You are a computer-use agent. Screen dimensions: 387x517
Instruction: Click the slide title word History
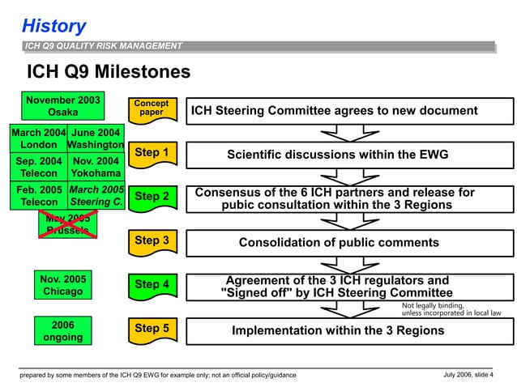coord(53,25)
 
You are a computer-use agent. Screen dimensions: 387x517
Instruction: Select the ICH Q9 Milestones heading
coord(109,72)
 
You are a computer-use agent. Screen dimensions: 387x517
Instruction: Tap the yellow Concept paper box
coord(151,108)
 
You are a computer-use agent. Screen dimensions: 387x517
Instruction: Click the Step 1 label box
coord(152,153)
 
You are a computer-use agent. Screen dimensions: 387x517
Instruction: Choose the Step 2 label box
coord(152,197)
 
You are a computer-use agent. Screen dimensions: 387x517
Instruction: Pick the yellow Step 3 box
coord(152,240)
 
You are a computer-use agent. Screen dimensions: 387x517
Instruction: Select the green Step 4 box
coord(152,284)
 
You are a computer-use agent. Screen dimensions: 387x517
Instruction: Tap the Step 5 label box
coord(152,329)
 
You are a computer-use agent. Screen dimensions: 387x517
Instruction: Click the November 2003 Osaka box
coord(63,106)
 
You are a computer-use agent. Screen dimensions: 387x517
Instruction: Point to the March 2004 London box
coord(38,138)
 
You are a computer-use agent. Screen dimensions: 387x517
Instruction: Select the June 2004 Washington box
coord(96,138)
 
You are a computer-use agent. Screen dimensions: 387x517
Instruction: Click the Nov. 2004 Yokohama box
coord(96,167)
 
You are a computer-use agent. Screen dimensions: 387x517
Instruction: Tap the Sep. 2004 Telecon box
coord(38,167)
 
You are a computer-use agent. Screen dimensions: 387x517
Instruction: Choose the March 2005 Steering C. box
coord(96,195)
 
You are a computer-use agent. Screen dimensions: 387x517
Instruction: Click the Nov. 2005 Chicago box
coord(63,285)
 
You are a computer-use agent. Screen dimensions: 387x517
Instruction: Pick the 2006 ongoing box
coord(63,330)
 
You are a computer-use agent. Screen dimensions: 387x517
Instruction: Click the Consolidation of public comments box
coord(339,243)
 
